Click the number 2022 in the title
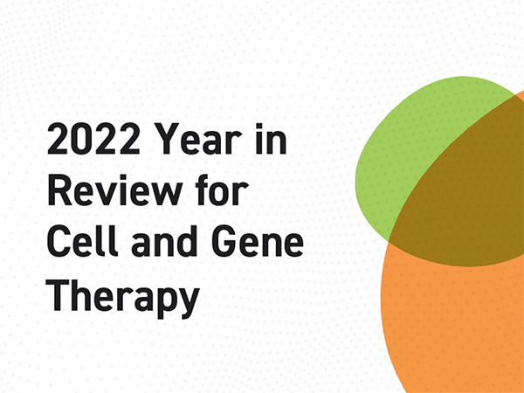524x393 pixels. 93,138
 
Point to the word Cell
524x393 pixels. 83,240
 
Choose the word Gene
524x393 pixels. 258,240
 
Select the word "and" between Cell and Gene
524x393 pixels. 164,240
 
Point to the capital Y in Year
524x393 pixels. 167,138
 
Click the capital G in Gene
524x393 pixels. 224,240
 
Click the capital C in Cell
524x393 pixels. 59,240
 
